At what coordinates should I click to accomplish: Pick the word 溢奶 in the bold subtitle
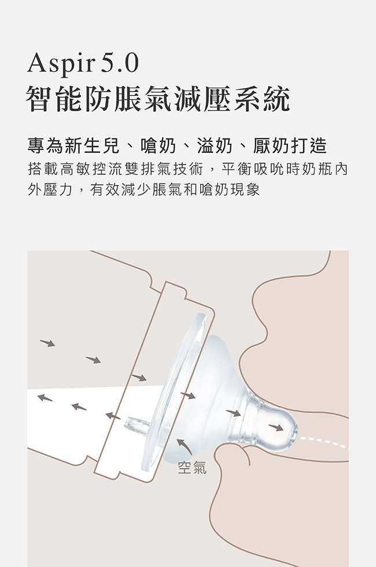(215, 146)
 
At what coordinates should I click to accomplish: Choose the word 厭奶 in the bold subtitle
(271, 146)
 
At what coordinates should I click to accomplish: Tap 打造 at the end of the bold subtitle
(309, 146)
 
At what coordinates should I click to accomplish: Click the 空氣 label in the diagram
(192, 468)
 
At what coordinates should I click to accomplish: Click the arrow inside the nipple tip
(277, 427)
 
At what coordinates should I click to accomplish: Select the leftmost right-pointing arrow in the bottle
(47, 343)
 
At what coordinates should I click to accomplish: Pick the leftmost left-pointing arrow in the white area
(45, 398)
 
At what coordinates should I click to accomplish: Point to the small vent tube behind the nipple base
(137, 425)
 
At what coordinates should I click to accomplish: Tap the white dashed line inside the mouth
(323, 442)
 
